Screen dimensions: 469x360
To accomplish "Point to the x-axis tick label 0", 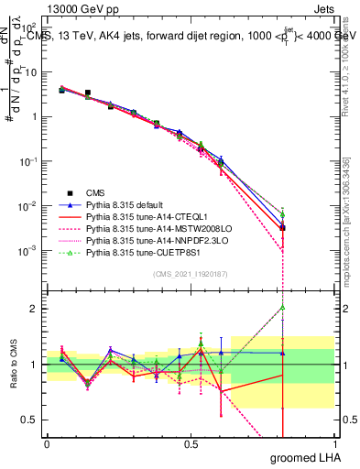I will (x=47, y=443).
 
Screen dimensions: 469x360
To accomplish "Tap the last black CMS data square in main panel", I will (x=283, y=227).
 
